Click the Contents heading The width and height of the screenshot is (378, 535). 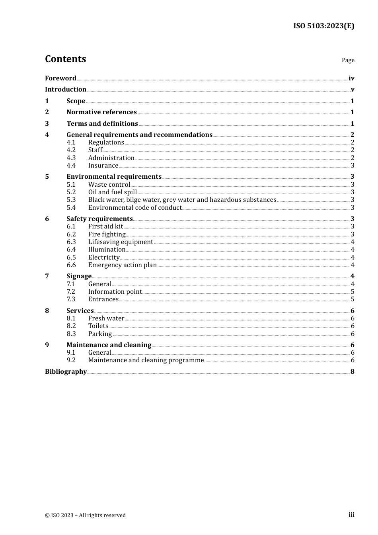tap(65, 59)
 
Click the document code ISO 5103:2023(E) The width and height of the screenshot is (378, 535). tap(323, 26)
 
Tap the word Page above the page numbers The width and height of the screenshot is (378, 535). tap(348, 60)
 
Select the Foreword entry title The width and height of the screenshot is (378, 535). tap(60, 78)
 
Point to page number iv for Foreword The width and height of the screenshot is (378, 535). tap(351, 78)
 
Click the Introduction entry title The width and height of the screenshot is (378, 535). tap(66, 90)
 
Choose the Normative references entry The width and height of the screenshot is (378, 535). tap(101, 112)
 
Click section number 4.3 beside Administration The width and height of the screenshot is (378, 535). tap(71, 158)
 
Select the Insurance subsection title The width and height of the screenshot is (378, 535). tap(103, 166)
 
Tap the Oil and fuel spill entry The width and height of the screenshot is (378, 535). tap(112, 192)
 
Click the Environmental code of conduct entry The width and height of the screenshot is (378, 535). tap(135, 208)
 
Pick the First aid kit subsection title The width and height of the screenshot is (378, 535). tap(105, 226)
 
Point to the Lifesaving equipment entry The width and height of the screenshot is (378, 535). tap(121, 242)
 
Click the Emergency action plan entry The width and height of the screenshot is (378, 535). tap(123, 265)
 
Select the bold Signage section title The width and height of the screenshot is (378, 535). tap(79, 276)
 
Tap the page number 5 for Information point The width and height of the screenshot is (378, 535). tap(353, 292)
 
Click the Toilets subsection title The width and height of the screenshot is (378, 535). tap(98, 326)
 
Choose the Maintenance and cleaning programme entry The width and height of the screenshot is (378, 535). tap(146, 360)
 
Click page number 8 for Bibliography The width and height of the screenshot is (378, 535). tap(353, 372)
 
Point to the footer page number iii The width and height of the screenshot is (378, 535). tap(351, 515)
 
